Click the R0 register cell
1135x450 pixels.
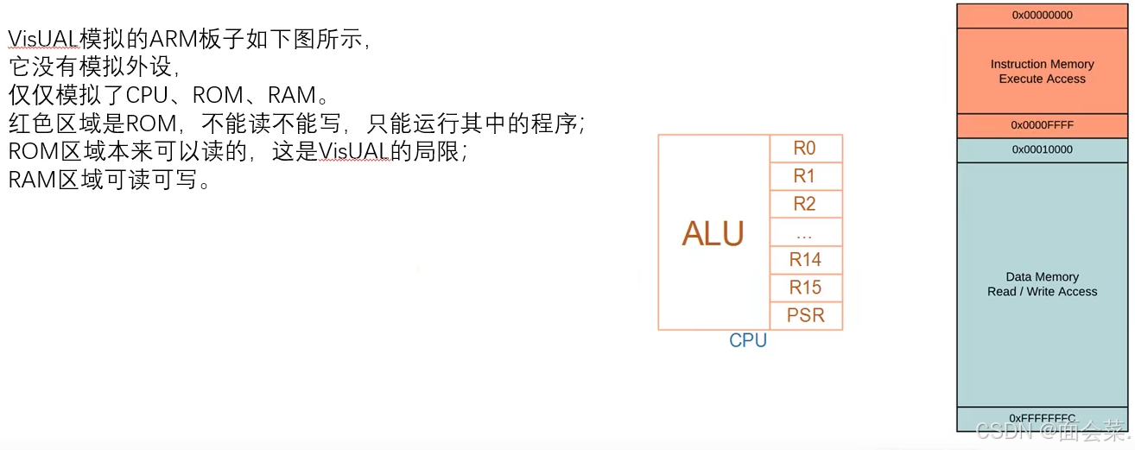pyautogui.click(x=805, y=149)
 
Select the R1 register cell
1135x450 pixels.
pyautogui.click(x=805, y=176)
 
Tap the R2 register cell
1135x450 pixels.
pyautogui.click(x=805, y=204)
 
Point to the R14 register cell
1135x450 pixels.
pyautogui.click(x=805, y=259)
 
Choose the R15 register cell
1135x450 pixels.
pyautogui.click(x=805, y=288)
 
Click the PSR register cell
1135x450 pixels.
pyautogui.click(x=805, y=315)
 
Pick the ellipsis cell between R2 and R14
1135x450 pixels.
pyautogui.click(x=805, y=232)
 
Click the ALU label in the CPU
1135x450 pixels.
pyautogui.click(x=713, y=233)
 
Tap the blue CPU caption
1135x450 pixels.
pyautogui.click(x=748, y=340)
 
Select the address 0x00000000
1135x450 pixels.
pyautogui.click(x=1042, y=16)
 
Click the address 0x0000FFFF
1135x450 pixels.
pyautogui.click(x=1042, y=125)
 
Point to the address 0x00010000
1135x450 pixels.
pyautogui.click(x=1042, y=149)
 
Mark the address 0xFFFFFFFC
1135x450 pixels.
pyautogui.click(x=1042, y=419)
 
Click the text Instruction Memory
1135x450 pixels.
pyautogui.click(x=1042, y=64)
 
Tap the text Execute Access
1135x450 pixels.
pyautogui.click(x=1042, y=79)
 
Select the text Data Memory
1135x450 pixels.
pyautogui.click(x=1042, y=277)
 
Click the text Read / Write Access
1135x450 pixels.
pyautogui.click(x=1042, y=292)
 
